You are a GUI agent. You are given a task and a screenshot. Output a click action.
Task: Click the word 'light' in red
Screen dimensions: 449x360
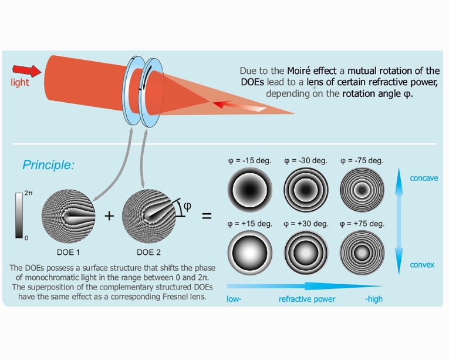pos(20,83)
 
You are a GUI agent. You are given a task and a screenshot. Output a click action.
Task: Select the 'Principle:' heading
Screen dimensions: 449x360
pos(48,165)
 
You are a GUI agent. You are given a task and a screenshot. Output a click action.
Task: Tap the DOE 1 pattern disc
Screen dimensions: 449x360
pos(68,216)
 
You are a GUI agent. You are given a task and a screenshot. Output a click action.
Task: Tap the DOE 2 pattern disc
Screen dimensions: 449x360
pos(148,216)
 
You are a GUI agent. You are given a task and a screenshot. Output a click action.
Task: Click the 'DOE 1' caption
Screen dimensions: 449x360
pos(68,252)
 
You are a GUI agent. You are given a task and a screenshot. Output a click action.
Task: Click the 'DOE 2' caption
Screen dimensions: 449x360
pos(148,252)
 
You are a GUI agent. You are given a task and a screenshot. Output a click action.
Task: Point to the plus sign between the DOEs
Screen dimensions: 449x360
pos(109,216)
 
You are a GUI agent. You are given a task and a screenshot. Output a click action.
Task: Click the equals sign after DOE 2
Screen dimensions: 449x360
pos(207,216)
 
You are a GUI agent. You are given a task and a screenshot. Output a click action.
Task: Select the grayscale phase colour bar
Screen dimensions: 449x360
pos(19,215)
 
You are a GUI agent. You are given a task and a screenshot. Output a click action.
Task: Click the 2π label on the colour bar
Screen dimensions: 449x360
pos(29,193)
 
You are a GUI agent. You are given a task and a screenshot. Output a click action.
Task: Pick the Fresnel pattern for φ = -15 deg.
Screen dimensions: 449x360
pos(249,190)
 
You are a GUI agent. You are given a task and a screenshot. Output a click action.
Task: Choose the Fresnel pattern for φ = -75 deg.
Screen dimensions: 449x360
pos(362,190)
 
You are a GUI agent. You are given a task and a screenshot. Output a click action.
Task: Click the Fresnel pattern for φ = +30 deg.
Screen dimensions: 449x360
pos(306,253)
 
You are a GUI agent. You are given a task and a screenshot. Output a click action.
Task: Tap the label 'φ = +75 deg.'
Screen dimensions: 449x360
pos(362,224)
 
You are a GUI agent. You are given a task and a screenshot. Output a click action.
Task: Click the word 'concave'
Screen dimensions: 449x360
pos(424,179)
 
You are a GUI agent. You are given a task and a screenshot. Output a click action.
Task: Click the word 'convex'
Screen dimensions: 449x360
pos(422,265)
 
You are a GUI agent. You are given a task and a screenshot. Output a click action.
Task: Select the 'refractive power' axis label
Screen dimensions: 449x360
pos(307,300)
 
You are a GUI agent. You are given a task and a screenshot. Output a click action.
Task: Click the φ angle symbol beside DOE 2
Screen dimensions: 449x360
pos(187,206)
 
